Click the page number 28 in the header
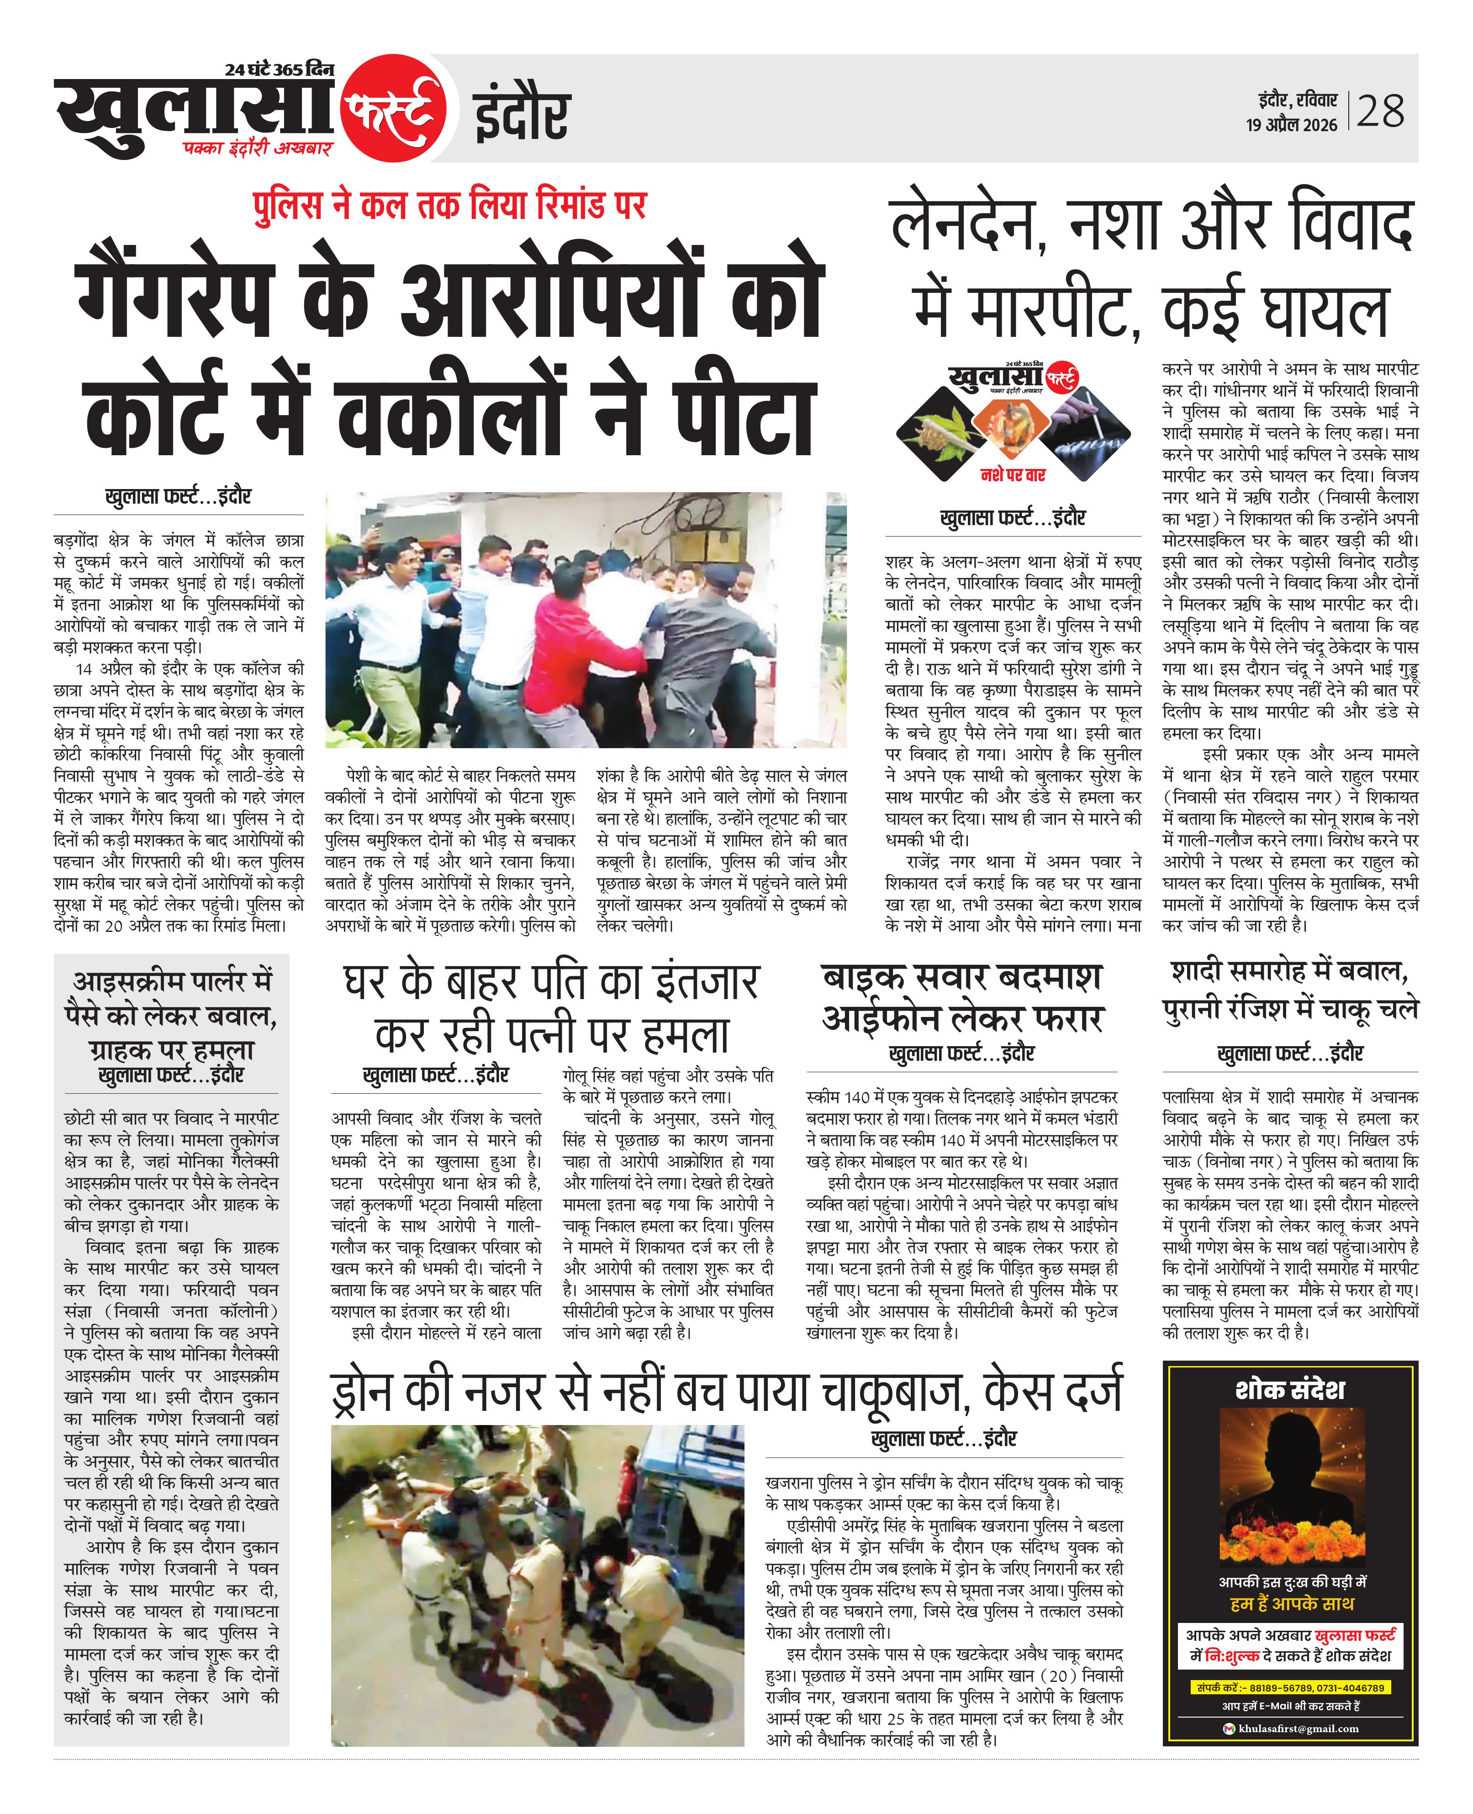point(1381,111)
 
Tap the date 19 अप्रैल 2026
point(1291,125)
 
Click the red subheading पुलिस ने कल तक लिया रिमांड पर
point(450,206)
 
